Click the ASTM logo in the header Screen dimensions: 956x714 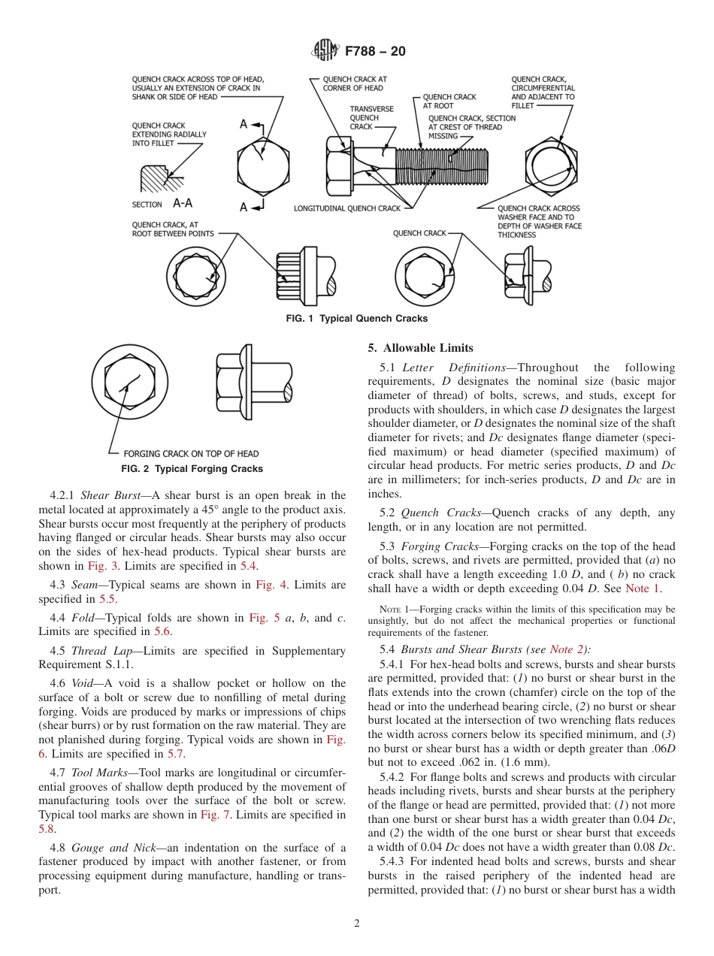click(325, 51)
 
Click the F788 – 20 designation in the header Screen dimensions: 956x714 click(375, 51)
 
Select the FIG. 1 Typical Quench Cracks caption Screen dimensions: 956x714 click(357, 319)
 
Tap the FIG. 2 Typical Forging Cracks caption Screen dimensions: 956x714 click(192, 469)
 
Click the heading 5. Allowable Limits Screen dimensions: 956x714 click(420, 348)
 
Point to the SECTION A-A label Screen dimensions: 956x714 click(162, 204)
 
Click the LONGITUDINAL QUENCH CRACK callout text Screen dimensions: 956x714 click(347, 208)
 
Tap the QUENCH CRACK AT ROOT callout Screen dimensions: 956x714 click(449, 101)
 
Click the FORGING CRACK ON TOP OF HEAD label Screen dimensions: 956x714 click(191, 454)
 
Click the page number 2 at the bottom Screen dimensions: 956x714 click(357, 924)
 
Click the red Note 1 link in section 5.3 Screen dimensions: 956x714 click(643, 588)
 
